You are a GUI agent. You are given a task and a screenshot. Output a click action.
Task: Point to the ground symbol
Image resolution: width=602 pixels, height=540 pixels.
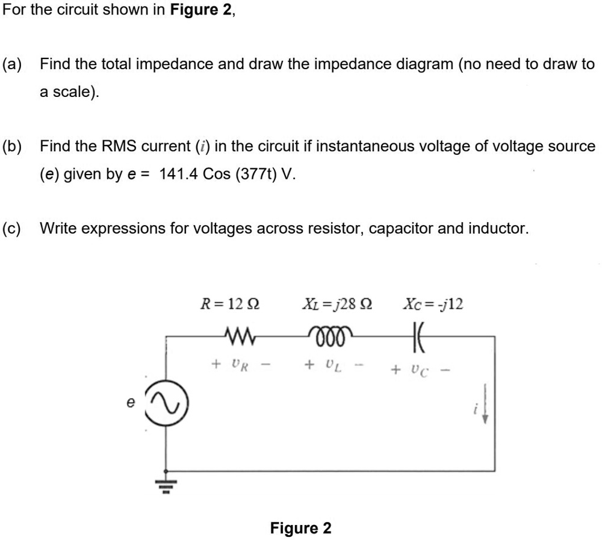pyautogui.click(x=167, y=485)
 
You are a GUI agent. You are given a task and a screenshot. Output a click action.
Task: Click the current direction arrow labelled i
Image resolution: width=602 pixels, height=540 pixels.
pyautogui.click(x=483, y=405)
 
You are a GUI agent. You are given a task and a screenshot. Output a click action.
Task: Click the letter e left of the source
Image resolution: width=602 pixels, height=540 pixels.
pyautogui.click(x=130, y=404)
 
